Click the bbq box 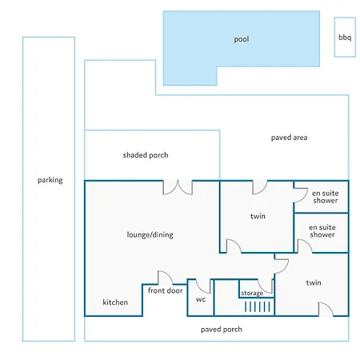[345, 37]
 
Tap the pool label [242, 39]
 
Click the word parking [50, 180]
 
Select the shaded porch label [146, 155]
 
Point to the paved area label [289, 138]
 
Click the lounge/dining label [150, 234]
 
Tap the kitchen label [115, 302]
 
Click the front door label [165, 290]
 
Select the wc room [201, 298]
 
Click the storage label [252, 294]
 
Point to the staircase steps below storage [258, 306]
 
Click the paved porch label [222, 330]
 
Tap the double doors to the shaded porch [178, 188]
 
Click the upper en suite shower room [321, 197]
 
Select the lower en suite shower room [321, 233]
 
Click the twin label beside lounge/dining [258, 216]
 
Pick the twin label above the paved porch [314, 282]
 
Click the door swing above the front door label [165, 278]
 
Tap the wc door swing [203, 286]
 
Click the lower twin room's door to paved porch [326, 310]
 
